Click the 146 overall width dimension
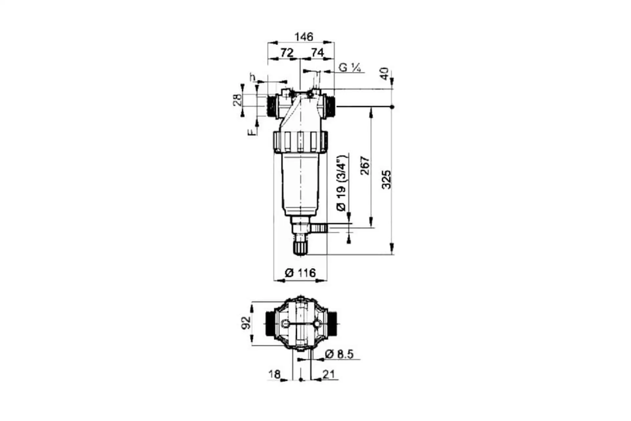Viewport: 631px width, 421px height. pos(304,37)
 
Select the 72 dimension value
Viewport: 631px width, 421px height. pos(287,53)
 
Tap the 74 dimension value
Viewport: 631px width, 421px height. pos(317,53)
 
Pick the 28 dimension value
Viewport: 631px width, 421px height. pos(237,99)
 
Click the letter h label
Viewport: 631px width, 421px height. pos(252,78)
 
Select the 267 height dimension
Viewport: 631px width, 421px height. pos(365,166)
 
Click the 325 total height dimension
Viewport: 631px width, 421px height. pos(387,180)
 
